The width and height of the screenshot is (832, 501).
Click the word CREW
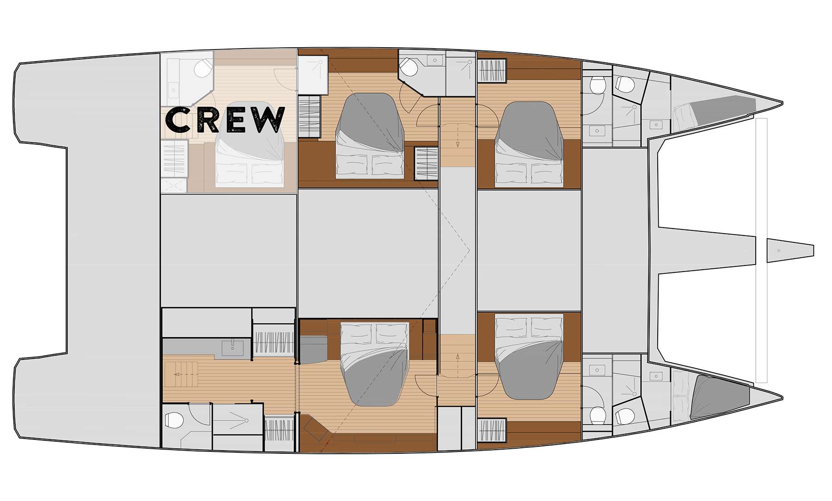click(225, 119)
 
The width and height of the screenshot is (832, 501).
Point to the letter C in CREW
click(177, 119)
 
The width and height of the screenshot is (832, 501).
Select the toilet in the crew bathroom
click(202, 69)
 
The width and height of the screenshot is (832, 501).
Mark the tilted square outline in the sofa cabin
click(316, 428)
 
